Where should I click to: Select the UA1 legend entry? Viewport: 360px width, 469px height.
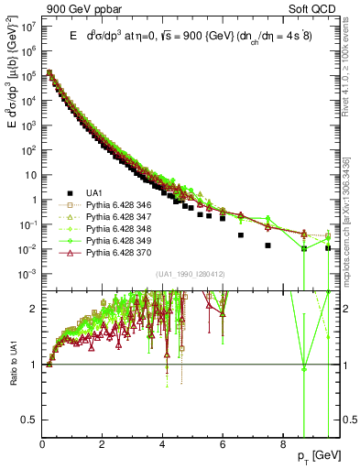click(x=95, y=193)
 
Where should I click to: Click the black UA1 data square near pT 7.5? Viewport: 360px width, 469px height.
click(x=267, y=245)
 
